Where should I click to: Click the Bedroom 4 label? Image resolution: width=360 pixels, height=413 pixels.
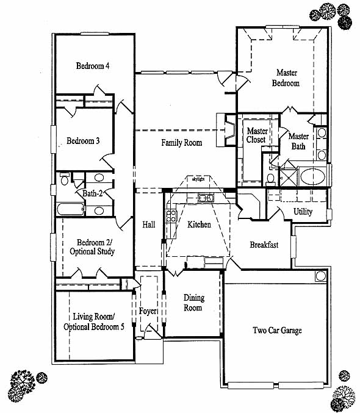coord(93,66)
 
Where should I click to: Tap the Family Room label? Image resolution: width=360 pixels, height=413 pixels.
coord(182,143)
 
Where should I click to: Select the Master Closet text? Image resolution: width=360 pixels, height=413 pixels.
coord(257,135)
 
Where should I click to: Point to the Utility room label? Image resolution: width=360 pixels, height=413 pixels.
coord(303,212)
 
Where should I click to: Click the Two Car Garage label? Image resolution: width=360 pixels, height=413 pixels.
coord(277,330)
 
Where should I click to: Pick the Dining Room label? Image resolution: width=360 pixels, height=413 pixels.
coord(194,303)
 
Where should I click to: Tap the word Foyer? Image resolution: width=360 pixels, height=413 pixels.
coord(148,311)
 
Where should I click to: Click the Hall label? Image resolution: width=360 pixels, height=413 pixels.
coord(149,224)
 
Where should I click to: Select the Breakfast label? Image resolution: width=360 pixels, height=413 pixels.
coord(264,245)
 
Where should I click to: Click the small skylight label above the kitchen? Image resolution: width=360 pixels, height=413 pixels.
coord(198,179)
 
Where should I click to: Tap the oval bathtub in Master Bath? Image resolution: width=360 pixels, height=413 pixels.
coord(312,176)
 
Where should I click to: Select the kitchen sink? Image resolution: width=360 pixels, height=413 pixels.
coord(206,198)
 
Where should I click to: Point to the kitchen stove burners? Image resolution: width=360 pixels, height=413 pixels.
coord(171,216)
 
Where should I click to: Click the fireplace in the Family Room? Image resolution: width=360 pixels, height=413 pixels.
coord(226,130)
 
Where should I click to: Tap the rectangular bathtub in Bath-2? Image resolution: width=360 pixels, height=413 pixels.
coord(71,209)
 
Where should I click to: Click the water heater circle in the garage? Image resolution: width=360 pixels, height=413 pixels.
coord(321,276)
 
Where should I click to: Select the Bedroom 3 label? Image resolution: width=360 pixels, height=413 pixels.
coord(83,141)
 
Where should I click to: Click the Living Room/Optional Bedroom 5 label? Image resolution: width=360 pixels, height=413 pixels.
coord(93,321)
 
